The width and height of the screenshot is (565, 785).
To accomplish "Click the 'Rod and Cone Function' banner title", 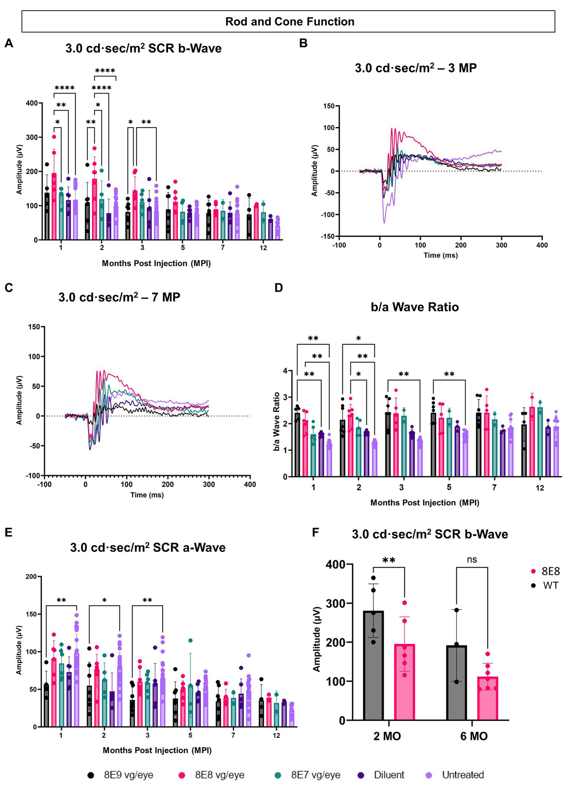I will pyautogui.click(x=290, y=22).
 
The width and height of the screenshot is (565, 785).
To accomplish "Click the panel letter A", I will pyautogui.click(x=8, y=43).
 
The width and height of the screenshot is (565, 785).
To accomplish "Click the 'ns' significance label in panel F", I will pyautogui.click(x=472, y=560).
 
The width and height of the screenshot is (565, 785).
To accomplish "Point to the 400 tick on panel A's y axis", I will pyautogui.click(x=32, y=103).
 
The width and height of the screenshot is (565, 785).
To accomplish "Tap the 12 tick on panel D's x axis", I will pyautogui.click(x=540, y=488).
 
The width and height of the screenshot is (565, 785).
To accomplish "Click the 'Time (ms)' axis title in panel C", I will pyautogui.click(x=147, y=495).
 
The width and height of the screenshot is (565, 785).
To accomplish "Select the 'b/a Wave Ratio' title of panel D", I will pyautogui.click(x=414, y=307).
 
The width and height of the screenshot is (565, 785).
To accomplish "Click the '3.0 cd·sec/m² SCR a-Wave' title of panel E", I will pyautogui.click(x=148, y=547).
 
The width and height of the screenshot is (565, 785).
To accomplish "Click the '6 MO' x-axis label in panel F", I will pyautogui.click(x=474, y=736).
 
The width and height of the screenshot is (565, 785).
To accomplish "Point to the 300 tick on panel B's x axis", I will pyautogui.click(x=501, y=245).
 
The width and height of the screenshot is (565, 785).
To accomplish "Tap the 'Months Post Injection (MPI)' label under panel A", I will pyautogui.click(x=156, y=263).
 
